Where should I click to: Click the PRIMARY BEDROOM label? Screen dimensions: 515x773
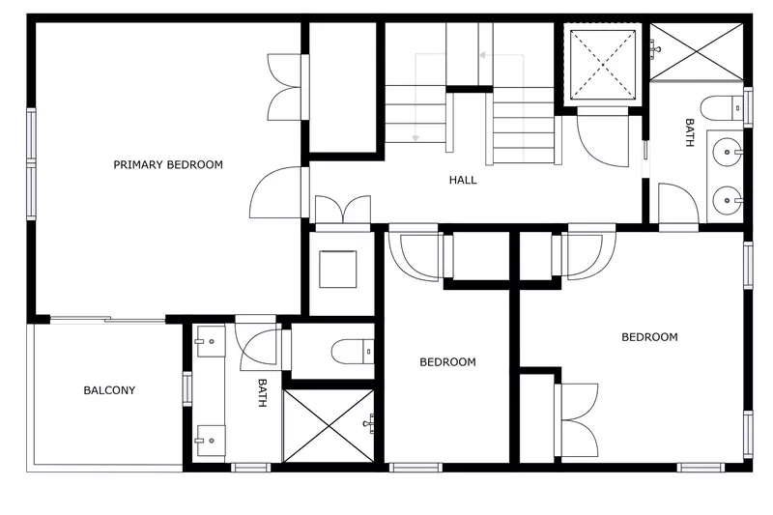[x=168, y=164]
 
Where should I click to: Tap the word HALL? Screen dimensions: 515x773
[x=463, y=180]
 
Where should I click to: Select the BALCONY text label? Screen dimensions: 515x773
[x=109, y=390]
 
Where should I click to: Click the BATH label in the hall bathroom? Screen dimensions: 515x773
[x=689, y=132]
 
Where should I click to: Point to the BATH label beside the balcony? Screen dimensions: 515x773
[x=262, y=391]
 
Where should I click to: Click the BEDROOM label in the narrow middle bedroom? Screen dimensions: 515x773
[x=447, y=362]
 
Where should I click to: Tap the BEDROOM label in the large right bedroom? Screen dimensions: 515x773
[x=648, y=337]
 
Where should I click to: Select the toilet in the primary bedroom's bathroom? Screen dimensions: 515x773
[x=348, y=352]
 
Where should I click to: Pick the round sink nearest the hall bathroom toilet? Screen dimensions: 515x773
[x=730, y=151]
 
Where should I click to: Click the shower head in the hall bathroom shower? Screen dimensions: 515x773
[x=657, y=46]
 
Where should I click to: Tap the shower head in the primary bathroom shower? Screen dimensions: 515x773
[x=369, y=423]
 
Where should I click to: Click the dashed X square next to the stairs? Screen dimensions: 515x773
[x=603, y=64]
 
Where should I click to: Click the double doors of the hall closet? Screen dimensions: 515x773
[x=343, y=212]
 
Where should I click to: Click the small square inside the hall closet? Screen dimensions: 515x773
[x=338, y=269]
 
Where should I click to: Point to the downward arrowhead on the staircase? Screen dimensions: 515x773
[x=415, y=139]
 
